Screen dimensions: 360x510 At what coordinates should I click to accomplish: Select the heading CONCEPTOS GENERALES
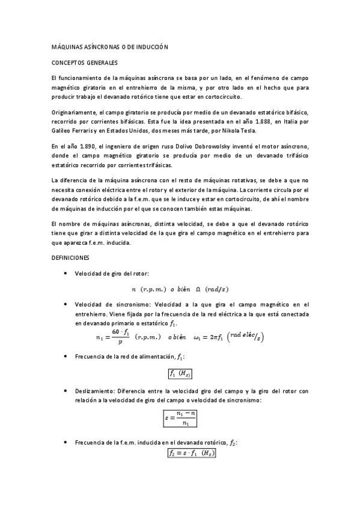[x=84, y=63]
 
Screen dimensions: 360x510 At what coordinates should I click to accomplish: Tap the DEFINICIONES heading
[x=70, y=258]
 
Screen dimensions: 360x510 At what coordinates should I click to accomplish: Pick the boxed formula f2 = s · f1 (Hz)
[x=191, y=453]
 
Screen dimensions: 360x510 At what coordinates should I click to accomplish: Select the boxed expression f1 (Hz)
[x=180, y=373]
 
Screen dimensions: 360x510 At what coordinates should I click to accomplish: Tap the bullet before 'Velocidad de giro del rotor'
[x=65, y=274]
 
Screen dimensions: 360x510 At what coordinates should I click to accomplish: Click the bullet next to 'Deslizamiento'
[x=65, y=390]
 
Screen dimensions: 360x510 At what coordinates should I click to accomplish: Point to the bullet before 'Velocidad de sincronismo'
[x=65, y=304]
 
